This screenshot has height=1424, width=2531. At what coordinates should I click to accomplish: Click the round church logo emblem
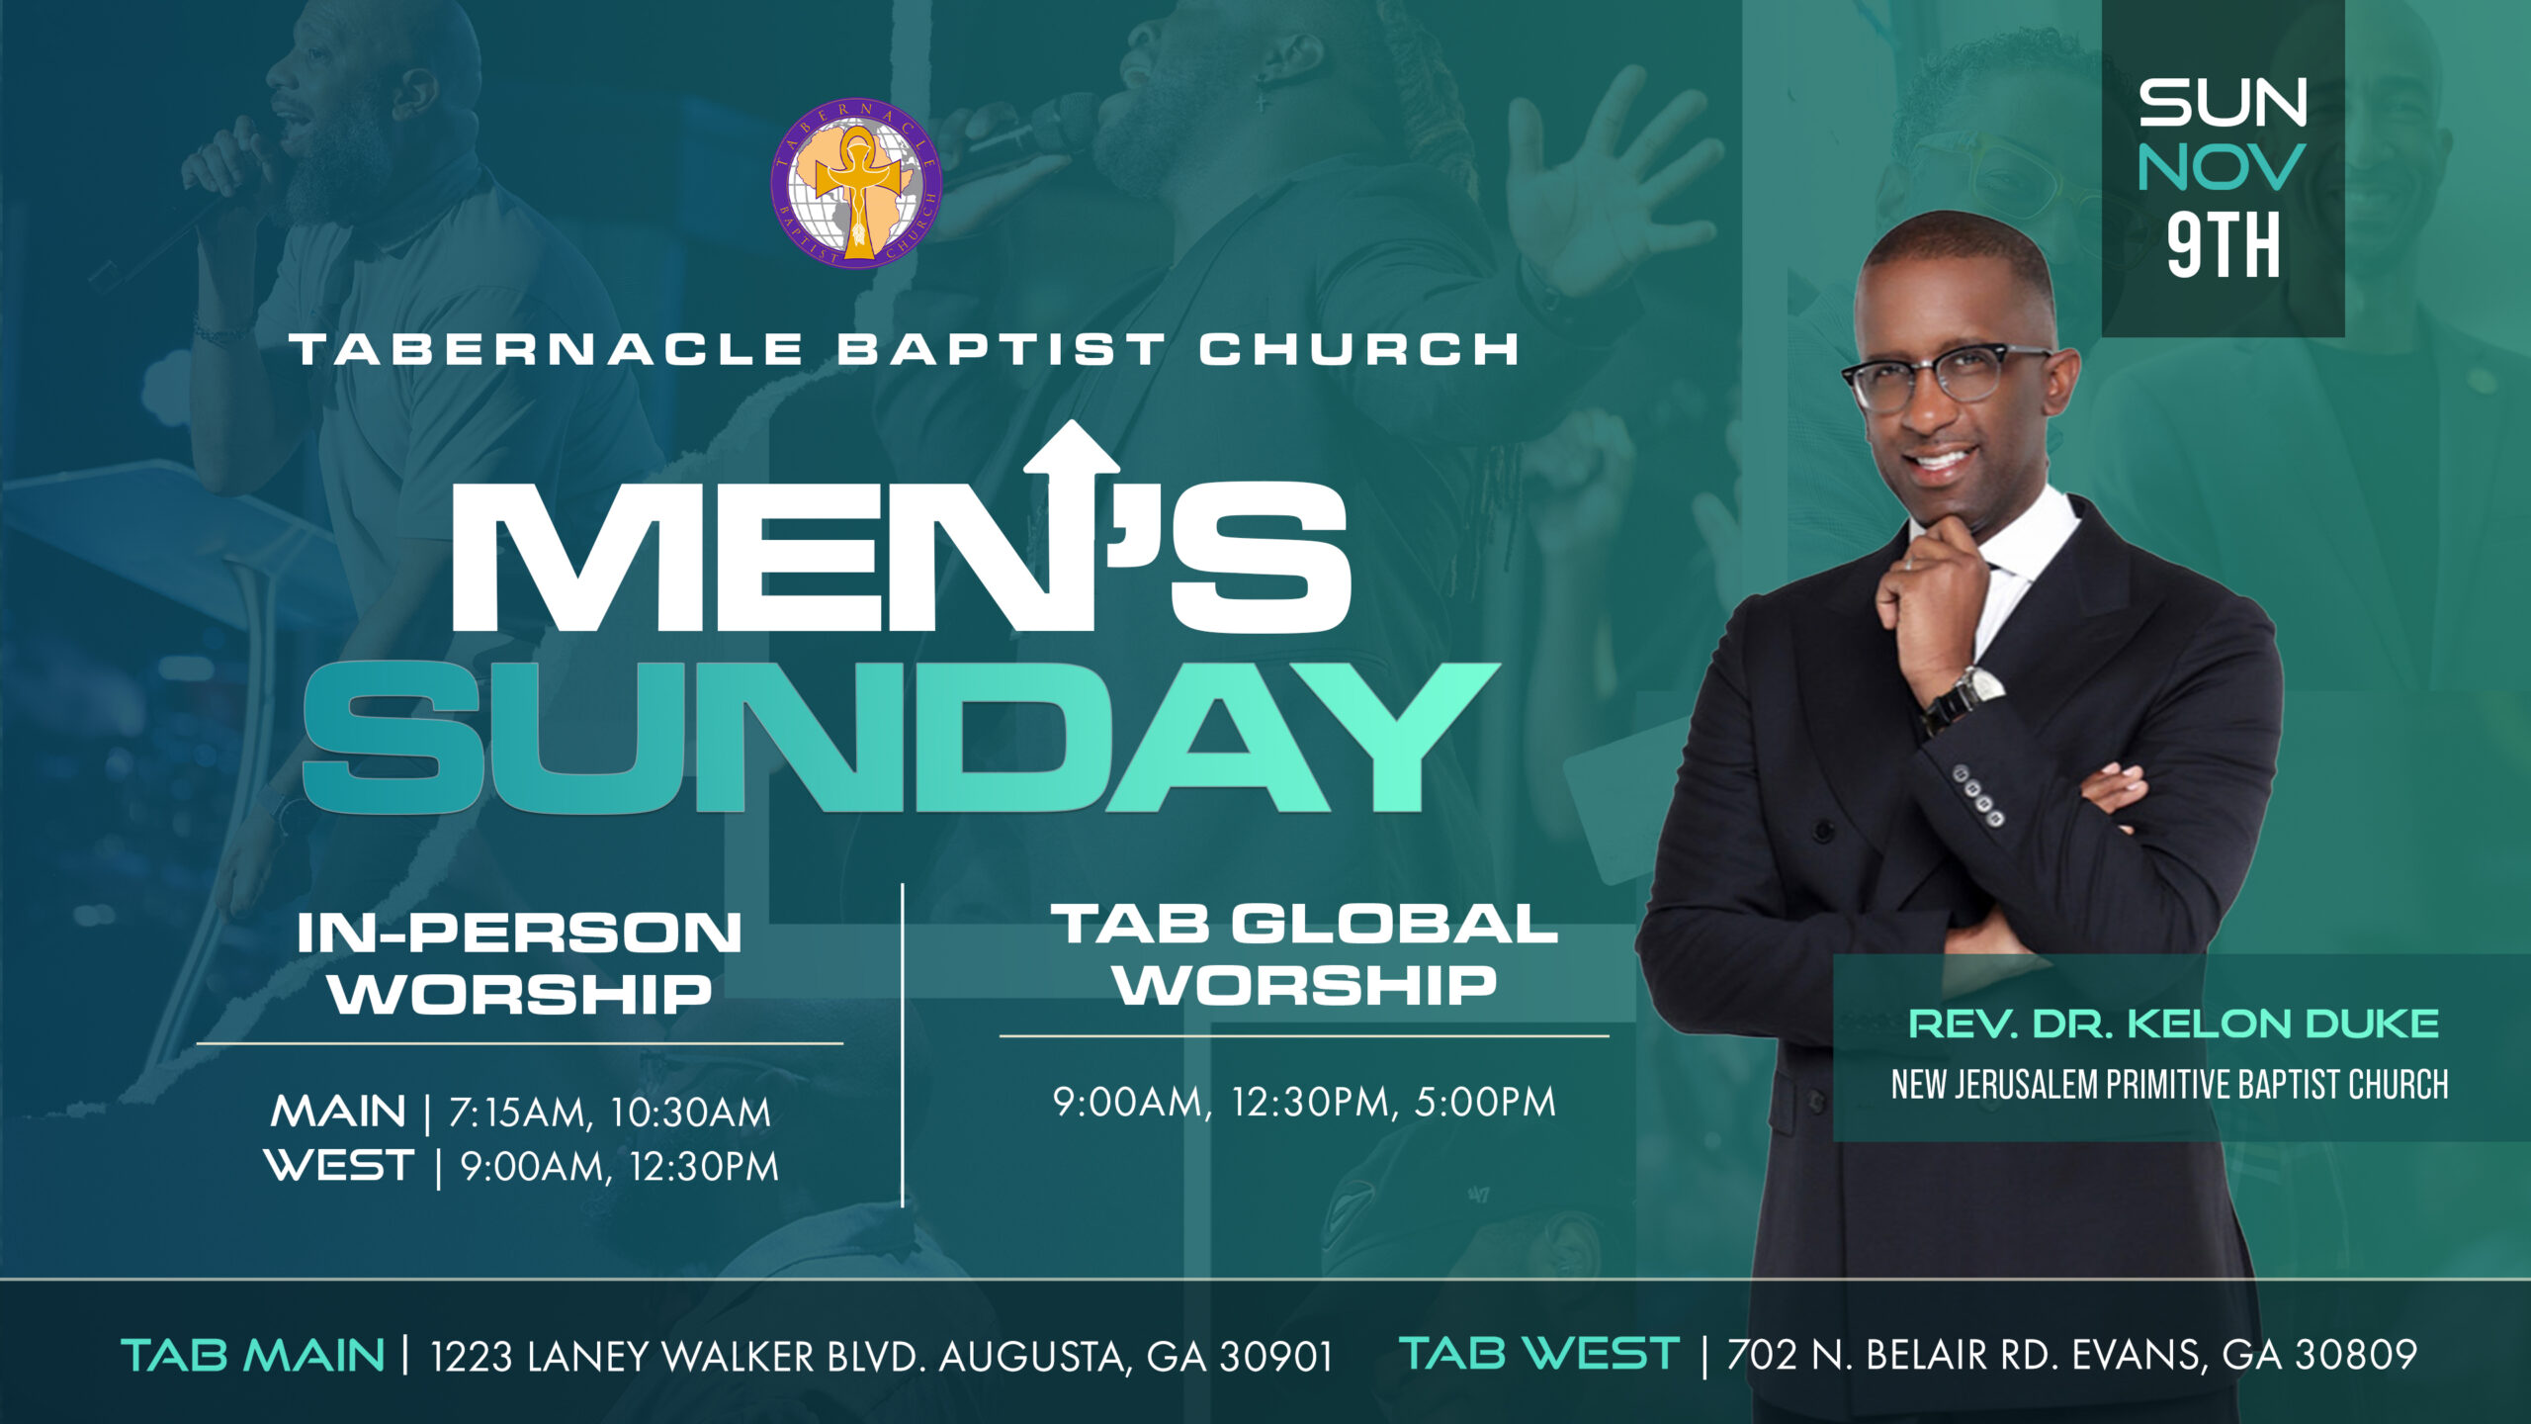pos(856,183)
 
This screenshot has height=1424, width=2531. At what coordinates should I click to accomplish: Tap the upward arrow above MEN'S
pos(1072,524)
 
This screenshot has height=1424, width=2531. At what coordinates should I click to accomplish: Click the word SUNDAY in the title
pos(900,738)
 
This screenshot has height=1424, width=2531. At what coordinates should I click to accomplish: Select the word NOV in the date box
pos(2222,167)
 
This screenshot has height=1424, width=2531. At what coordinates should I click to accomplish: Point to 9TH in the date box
pos(2224,244)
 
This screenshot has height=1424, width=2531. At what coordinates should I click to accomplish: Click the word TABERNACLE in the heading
pos(547,349)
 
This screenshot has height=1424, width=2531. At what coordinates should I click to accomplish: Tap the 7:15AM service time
pos(520,1113)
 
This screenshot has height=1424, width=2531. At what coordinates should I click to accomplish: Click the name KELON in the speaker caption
pos(2209,1024)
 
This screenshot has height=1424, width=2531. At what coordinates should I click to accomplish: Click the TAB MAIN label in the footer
pos(252,1355)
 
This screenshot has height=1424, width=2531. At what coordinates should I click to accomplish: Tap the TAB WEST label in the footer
pos(1539,1353)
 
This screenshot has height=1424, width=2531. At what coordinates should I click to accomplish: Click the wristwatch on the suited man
pos(1963,698)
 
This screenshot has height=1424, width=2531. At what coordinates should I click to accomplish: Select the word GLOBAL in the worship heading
pos(1395,925)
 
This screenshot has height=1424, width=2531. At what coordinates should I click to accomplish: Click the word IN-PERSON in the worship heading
pos(519,934)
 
